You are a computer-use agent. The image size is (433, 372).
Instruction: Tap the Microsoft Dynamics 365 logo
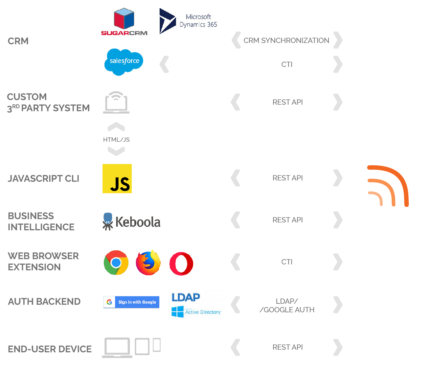(188, 21)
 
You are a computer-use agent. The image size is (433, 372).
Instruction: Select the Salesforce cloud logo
(124, 61)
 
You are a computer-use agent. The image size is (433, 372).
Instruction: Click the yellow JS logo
(117, 178)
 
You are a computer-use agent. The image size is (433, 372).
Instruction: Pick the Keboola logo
(131, 222)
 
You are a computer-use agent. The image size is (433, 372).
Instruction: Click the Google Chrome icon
(116, 263)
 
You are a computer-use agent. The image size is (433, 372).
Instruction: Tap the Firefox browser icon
(148, 263)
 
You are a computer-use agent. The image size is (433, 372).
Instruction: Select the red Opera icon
(181, 263)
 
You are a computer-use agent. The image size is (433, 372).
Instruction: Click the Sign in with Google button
(131, 302)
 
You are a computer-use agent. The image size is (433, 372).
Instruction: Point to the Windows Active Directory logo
(196, 312)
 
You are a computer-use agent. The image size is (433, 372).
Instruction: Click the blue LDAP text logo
(186, 297)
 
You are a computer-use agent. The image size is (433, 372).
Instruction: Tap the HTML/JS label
(116, 140)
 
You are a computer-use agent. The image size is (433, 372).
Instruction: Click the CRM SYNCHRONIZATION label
(286, 40)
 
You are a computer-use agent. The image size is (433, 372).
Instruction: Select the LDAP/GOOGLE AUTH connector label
(287, 305)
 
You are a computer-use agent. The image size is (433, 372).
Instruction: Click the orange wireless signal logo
(388, 186)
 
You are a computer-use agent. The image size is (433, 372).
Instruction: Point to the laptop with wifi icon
(116, 103)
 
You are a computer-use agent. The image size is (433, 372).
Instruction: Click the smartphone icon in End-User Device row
(157, 345)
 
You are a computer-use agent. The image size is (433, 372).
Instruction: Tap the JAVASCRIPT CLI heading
(44, 178)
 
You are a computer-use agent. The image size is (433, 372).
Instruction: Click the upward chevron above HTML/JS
(116, 127)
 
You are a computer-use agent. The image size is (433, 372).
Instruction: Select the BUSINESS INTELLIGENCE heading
(41, 221)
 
